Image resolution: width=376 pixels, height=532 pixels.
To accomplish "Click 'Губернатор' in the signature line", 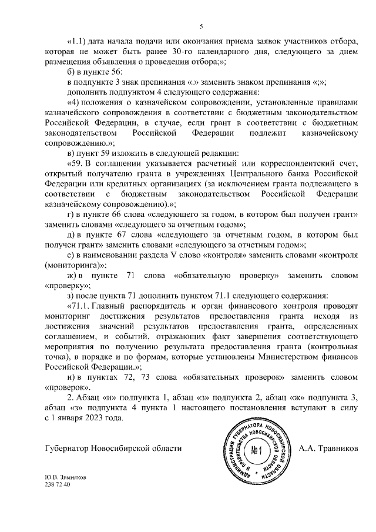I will click(x=67, y=449).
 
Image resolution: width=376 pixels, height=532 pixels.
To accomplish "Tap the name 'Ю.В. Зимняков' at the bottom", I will click(x=65, y=478).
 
